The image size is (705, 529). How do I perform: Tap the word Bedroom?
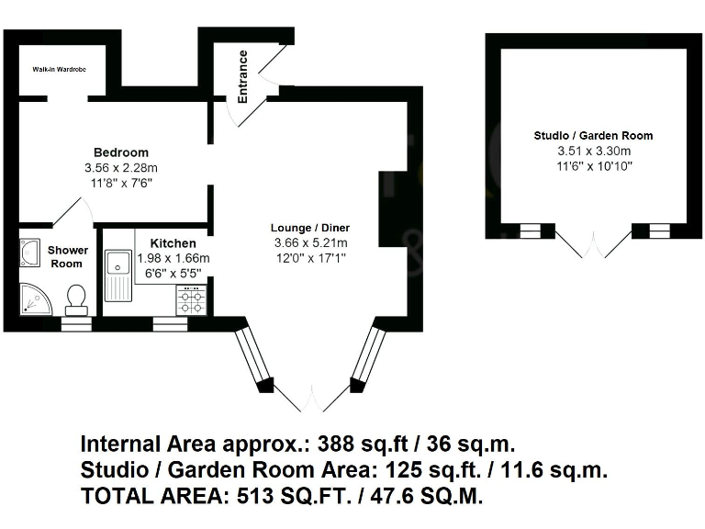[x=120, y=152]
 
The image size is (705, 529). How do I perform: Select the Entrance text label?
[x=243, y=75]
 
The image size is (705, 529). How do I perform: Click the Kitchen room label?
[x=173, y=243]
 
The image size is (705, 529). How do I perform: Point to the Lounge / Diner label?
[x=310, y=228]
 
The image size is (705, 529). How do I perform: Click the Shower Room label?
[x=68, y=256]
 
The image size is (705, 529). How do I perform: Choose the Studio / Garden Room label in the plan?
[x=594, y=136]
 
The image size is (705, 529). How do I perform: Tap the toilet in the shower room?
[x=76, y=298]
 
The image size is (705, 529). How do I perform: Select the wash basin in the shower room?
[x=29, y=252]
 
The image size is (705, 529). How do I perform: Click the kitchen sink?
[x=117, y=275]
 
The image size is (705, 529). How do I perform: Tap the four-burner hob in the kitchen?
[x=191, y=300]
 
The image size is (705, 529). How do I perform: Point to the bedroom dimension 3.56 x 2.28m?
[x=120, y=168]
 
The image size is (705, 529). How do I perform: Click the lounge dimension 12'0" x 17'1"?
[x=310, y=258]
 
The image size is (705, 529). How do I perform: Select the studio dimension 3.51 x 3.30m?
[x=594, y=151]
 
